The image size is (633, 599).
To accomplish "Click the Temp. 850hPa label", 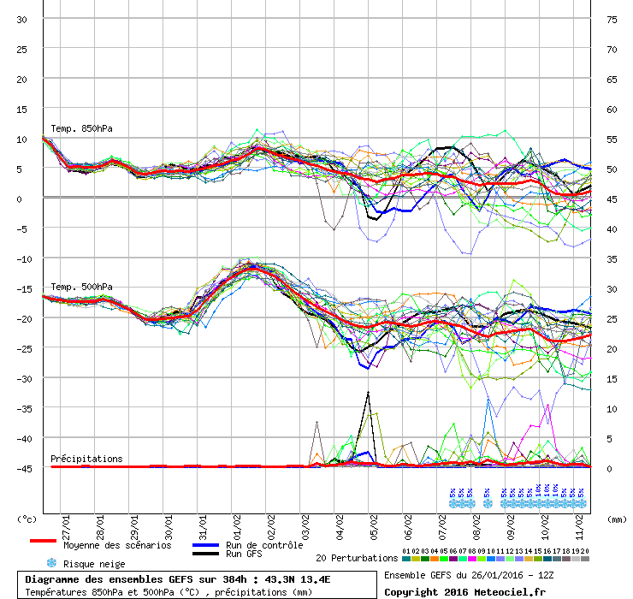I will tap(82, 129).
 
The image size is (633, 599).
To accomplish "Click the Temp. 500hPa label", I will tap(82, 287).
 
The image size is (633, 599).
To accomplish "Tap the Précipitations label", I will tap(86, 459).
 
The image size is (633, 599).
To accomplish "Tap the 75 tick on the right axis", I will tap(612, 20).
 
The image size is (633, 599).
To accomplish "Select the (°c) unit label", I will tap(27, 519).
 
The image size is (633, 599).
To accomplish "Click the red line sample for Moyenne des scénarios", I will tap(43, 542).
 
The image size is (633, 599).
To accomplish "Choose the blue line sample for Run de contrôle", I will tap(204, 545).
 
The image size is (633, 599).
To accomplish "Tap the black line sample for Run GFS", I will tap(204, 555).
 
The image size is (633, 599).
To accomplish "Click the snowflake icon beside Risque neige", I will tap(51, 563).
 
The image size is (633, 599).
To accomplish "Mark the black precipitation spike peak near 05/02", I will tap(368, 392).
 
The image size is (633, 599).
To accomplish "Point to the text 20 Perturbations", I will tap(356, 558).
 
